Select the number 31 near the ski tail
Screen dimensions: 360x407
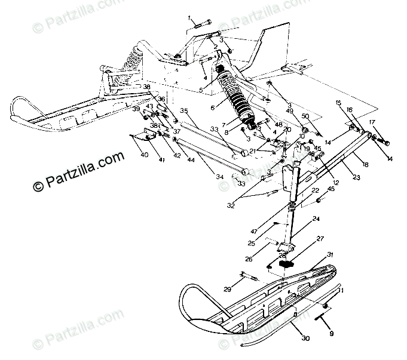tap(329, 255)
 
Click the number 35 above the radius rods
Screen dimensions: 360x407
tap(184, 110)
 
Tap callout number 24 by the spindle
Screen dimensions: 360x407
tap(316, 220)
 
